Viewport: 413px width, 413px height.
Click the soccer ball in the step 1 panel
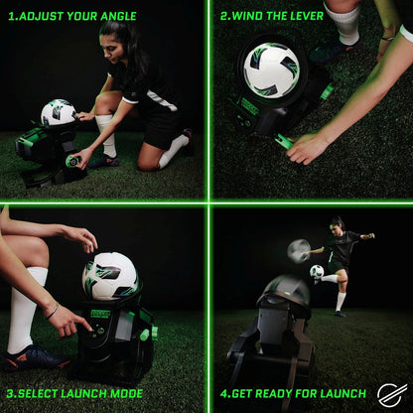coord(57,112)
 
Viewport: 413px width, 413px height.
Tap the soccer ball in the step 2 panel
coord(270,69)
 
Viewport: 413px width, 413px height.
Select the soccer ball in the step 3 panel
coord(109,275)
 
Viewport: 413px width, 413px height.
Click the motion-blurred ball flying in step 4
coord(299,250)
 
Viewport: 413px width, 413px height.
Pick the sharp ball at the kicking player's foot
coord(317,271)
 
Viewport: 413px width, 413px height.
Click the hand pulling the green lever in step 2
coord(306,149)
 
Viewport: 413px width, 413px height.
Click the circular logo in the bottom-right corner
coord(392,394)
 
